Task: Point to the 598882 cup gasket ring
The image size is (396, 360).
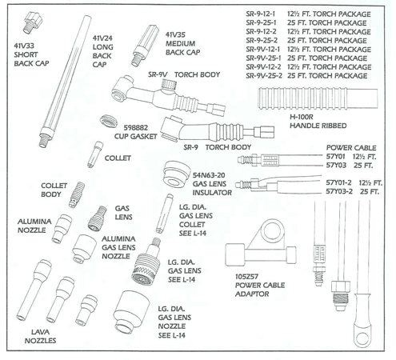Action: point(106,122)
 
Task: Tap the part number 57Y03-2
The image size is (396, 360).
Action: point(342,193)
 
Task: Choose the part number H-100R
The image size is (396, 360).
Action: point(305,117)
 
